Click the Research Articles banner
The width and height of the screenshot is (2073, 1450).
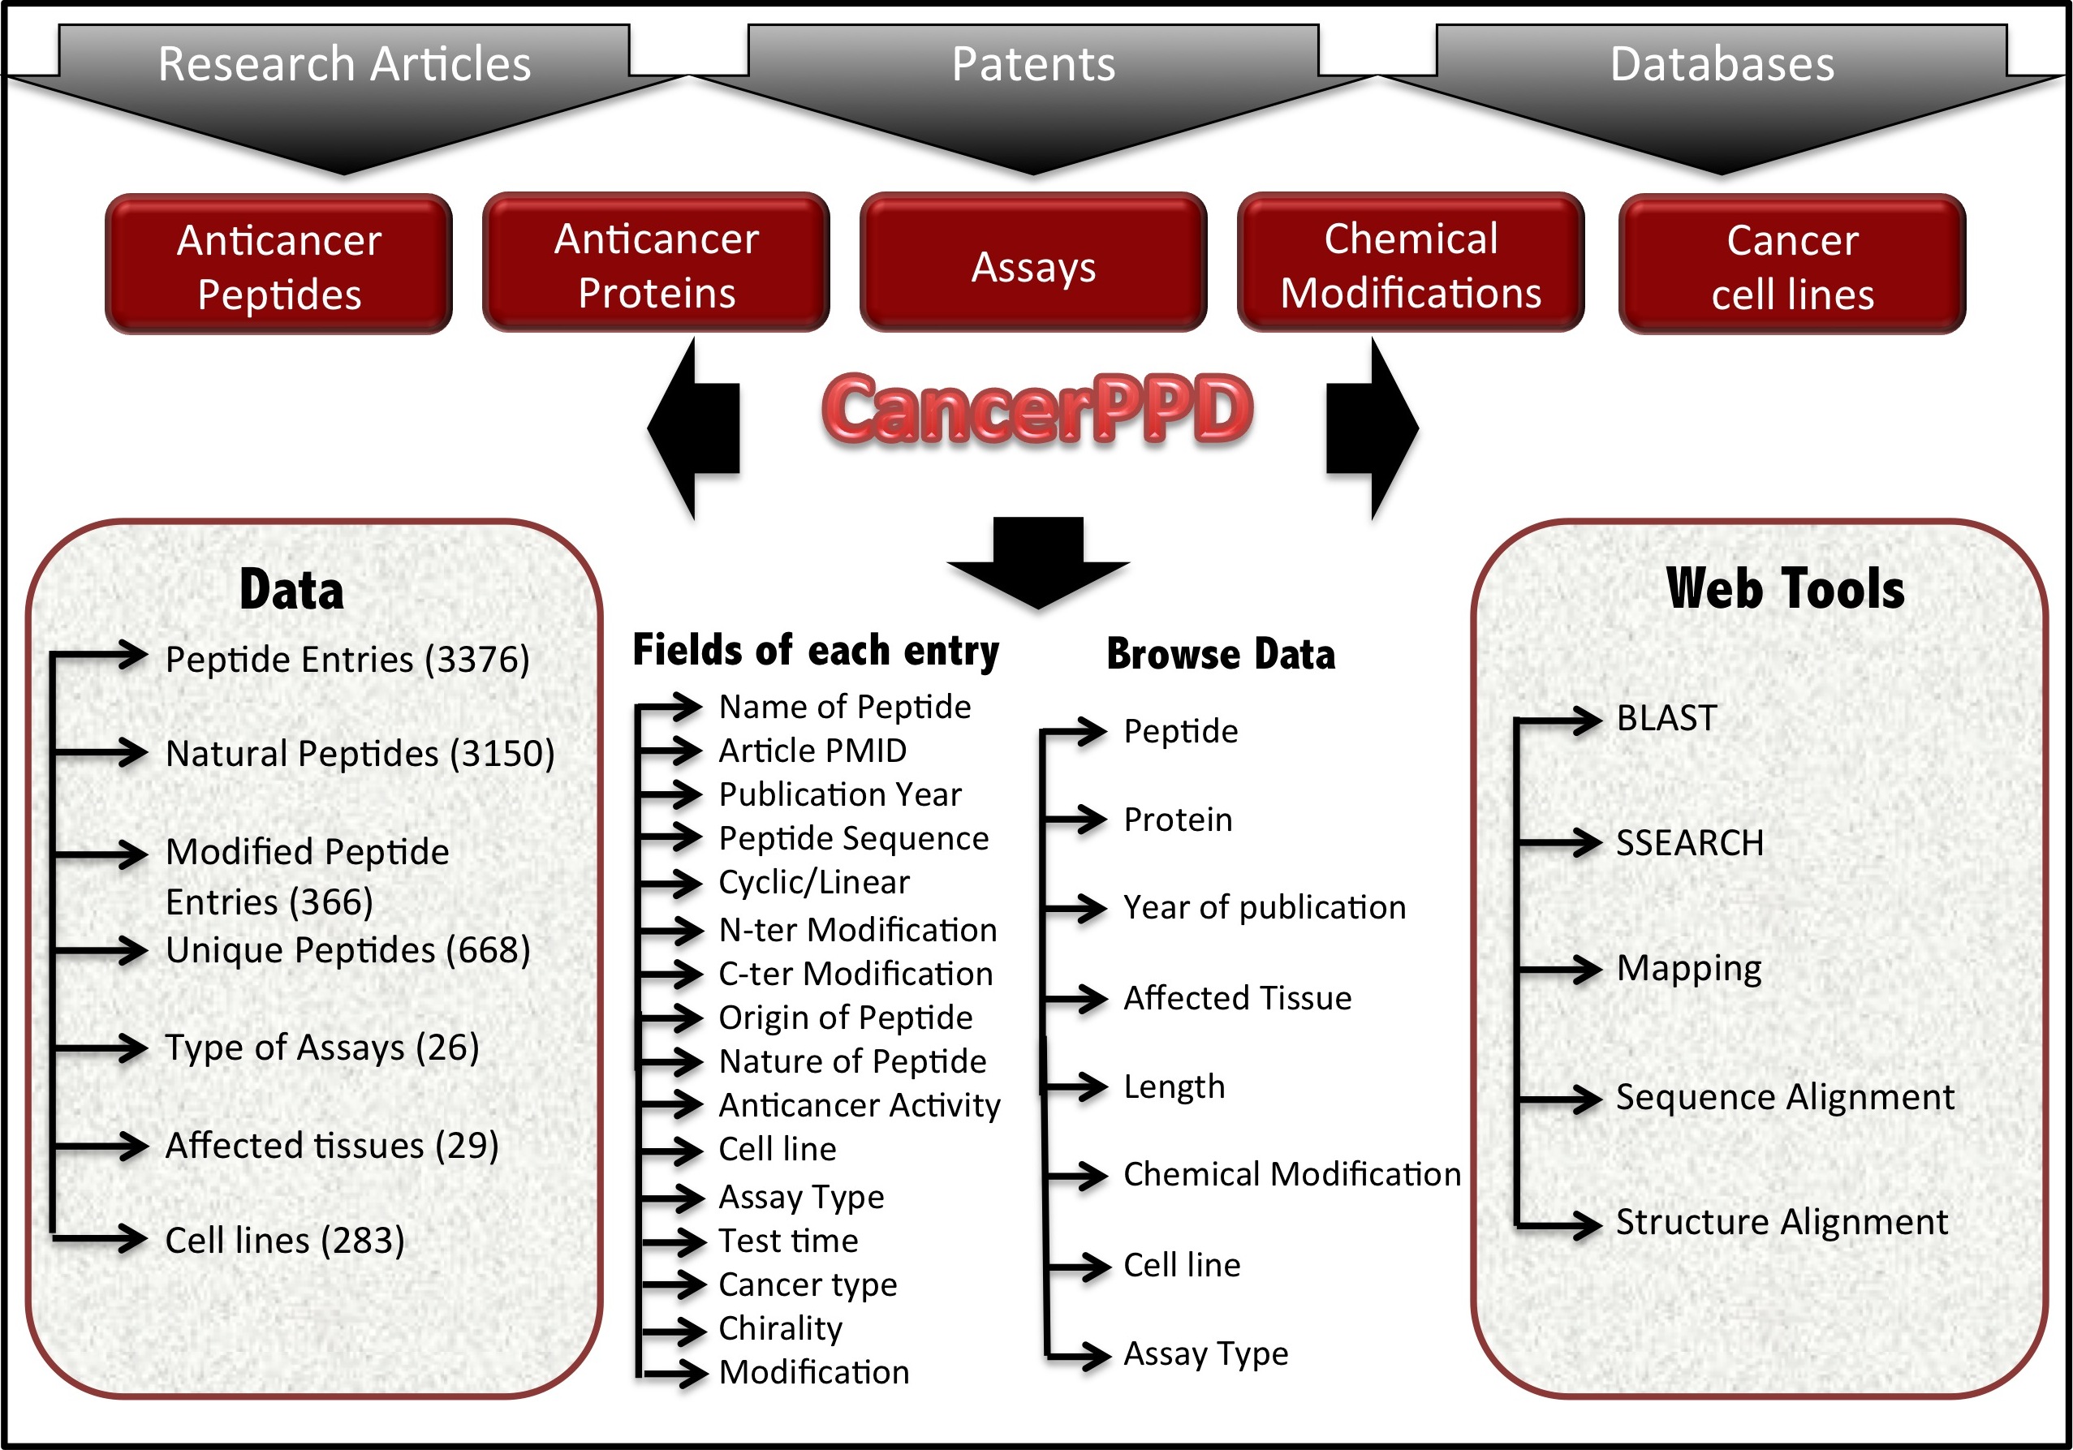tap(344, 65)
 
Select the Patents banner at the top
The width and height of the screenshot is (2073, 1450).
tap(1033, 65)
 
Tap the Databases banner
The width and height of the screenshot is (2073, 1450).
tap(1721, 65)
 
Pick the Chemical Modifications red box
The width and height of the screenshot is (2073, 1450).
tap(1411, 265)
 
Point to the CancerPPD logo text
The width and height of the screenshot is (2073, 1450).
tap(1036, 411)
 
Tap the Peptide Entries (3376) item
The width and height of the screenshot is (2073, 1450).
tap(347, 659)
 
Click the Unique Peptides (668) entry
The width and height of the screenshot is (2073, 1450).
tap(347, 950)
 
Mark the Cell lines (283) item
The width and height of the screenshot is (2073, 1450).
tap(284, 1241)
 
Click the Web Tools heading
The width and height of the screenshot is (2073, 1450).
tap(1785, 588)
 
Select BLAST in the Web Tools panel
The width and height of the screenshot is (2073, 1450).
tap(1666, 719)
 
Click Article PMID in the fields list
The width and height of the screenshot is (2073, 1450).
tap(812, 751)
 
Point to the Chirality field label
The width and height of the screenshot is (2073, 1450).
tap(780, 1328)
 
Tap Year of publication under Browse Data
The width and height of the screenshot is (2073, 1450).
tap(1264, 907)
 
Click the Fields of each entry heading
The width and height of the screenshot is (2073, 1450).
tap(815, 650)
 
